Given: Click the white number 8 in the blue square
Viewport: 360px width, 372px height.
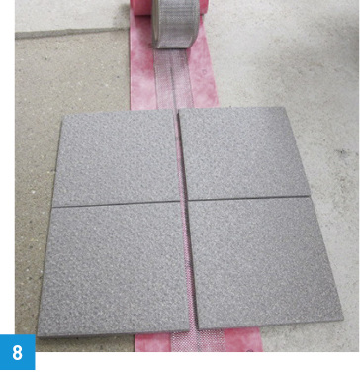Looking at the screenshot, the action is pos(17,352).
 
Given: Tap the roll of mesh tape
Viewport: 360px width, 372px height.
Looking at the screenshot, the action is pos(176,23).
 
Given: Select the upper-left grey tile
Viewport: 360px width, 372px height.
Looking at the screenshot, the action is pos(116,158).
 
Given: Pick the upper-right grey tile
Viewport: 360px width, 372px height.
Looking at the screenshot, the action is pos(244,153).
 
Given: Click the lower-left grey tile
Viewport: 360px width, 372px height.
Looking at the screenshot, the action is pos(114,269).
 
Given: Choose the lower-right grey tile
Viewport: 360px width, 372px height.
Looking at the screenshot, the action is pos(265,262).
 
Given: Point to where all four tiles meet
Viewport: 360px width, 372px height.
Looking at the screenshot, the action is pos(184,200).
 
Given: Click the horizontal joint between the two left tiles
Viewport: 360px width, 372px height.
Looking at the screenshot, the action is pos(116,204).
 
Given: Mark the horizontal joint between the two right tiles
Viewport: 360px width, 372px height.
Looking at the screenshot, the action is pos(248,198).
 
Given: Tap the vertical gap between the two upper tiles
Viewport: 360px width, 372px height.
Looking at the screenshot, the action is pos(180,154).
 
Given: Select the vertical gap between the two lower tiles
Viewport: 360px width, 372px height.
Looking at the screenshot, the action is pos(190,265).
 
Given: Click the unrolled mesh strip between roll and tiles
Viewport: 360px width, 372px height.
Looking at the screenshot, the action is pos(174,79).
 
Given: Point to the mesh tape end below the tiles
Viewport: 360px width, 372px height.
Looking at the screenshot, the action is pos(199,340).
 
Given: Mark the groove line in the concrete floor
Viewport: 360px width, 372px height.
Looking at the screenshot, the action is pos(72,32).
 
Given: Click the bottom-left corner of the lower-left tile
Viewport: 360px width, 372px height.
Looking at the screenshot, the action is pos(38,336).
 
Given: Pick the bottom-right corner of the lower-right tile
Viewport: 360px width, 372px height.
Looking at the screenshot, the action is pos(343,320).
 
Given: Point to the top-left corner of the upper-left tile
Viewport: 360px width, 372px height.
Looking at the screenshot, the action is pos(62,121).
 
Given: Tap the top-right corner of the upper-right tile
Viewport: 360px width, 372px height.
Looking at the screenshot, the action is pos(284,107).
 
